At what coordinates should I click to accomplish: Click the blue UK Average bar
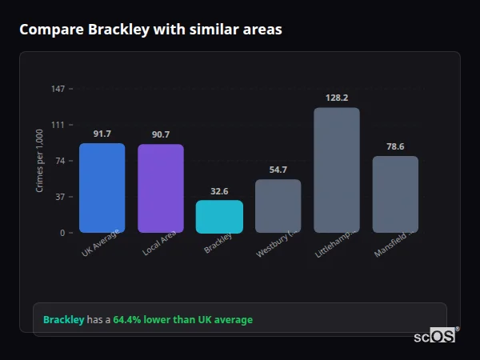(x=102, y=188)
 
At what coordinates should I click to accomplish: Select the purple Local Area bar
(x=160, y=189)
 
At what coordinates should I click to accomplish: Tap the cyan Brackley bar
(x=219, y=217)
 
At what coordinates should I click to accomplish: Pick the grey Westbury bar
(x=278, y=206)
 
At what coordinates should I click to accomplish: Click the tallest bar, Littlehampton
(x=336, y=170)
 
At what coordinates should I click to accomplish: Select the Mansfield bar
(x=395, y=194)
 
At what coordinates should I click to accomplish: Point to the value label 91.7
(x=102, y=134)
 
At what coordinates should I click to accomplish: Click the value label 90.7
(x=160, y=134)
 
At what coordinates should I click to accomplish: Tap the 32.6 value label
(x=219, y=191)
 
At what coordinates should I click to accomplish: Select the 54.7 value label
(x=278, y=170)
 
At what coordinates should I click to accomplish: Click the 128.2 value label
(x=336, y=98)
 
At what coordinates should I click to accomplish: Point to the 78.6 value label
(x=395, y=146)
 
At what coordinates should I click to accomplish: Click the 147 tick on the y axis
(x=58, y=89)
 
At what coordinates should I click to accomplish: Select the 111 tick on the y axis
(x=58, y=125)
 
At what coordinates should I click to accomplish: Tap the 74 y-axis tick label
(x=60, y=161)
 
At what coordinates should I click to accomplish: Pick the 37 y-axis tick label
(x=60, y=197)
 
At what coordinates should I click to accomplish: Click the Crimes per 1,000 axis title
(x=39, y=160)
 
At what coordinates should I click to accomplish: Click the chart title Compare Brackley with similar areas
(x=150, y=30)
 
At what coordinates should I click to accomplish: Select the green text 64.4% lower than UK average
(x=182, y=320)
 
